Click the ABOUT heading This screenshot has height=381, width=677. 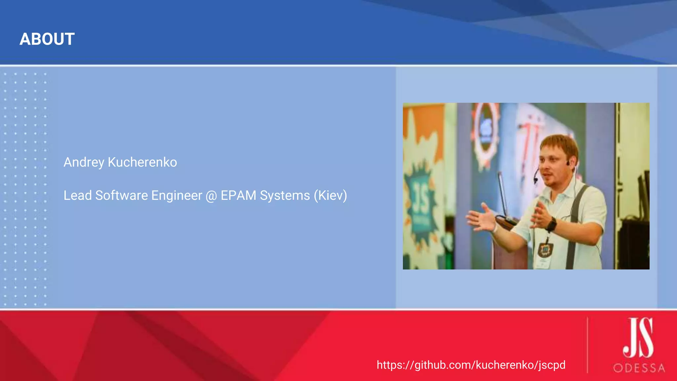coord(47,39)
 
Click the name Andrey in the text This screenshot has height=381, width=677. coord(84,162)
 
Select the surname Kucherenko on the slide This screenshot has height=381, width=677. coord(142,162)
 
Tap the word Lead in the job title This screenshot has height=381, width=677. coord(77,195)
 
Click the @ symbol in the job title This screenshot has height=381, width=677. coord(211,196)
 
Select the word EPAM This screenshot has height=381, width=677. coord(238,195)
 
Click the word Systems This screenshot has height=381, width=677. coord(285,195)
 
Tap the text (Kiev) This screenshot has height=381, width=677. coord(330,195)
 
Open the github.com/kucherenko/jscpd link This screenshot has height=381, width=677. coord(471,365)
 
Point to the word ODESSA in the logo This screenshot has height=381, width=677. coord(639,368)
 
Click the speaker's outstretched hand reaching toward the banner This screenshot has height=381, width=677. coord(481,220)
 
